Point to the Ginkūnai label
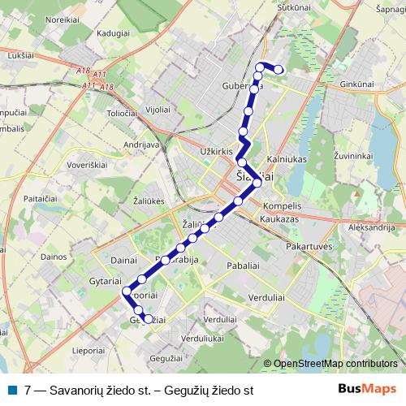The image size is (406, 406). (x=357, y=84)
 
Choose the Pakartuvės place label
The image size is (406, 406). (x=310, y=245)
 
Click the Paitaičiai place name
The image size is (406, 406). (x=40, y=198)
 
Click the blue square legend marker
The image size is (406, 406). (x=11, y=391)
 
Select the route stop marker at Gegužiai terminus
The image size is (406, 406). (x=148, y=319)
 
